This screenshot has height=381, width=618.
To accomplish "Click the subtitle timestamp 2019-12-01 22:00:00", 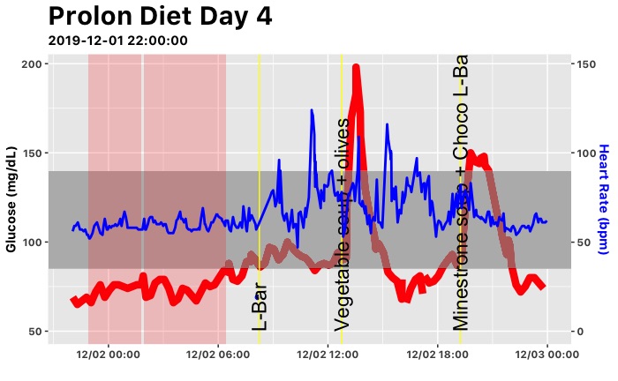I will (x=117, y=40).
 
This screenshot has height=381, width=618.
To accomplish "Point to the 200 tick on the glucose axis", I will (x=33, y=64).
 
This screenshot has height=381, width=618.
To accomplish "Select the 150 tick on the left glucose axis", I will (x=33, y=153).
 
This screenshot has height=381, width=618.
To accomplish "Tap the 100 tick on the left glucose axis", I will (x=33, y=243).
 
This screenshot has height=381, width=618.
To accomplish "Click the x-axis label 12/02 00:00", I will (x=108, y=355).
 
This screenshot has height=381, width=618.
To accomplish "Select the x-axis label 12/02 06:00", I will (x=217, y=355).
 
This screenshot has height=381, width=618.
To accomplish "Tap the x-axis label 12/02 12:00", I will (x=328, y=355).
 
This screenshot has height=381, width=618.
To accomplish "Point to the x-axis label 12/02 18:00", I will (x=437, y=355).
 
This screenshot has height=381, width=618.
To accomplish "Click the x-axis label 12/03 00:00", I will (x=546, y=355).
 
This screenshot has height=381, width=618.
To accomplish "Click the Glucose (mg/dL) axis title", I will (x=11, y=198).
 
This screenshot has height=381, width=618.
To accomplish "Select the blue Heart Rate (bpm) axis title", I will (x=605, y=198).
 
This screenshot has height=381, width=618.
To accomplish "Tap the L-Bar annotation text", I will (x=259, y=303).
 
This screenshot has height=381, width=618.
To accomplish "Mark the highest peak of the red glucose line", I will (x=357, y=67).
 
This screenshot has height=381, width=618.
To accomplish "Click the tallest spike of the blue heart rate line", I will (x=312, y=111).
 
